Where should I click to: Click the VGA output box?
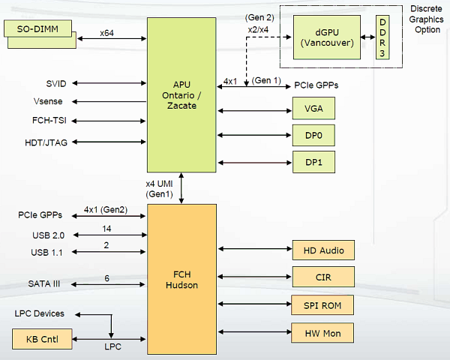point(313,109)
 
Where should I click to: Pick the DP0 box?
point(313,136)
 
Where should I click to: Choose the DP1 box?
point(313,161)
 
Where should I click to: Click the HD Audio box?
point(322,250)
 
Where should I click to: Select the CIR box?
point(322,278)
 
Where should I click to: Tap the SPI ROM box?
point(322,305)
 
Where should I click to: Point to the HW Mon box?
point(322,332)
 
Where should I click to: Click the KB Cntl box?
point(43,340)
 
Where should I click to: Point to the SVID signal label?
point(56,83)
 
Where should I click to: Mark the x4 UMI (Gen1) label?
point(159,189)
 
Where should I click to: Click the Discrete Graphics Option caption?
point(426,19)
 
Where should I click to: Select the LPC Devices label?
point(39,313)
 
